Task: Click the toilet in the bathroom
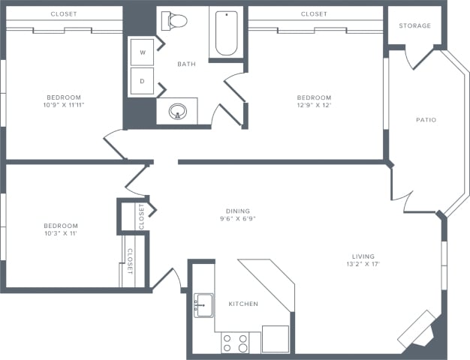pos(174,21)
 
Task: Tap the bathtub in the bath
pos(226,33)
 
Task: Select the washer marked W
pos(143,52)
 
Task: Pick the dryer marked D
pos(143,81)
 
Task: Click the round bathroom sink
pos(178,112)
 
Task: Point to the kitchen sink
pos(203,305)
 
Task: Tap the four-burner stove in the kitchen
pos(235,343)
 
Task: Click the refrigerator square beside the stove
pos(276,339)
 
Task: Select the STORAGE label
pos(415,25)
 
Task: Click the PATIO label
pos(426,120)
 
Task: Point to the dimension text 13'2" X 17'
pos(363,264)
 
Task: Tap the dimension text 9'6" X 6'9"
pos(238,219)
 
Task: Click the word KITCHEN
pos(243,304)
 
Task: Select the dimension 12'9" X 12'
pos(314,105)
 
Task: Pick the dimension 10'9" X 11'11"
pos(64,105)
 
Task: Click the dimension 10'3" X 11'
pos(61,233)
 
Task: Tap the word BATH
pos(186,64)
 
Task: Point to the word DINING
pos(238,211)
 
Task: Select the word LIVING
pos(363,256)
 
